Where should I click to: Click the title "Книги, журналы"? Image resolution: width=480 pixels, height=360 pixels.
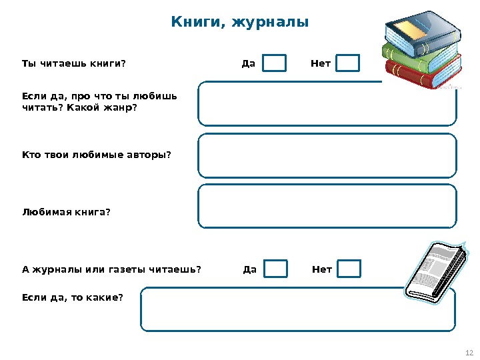point(240,23)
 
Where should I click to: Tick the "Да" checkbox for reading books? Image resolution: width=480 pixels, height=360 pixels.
point(274,63)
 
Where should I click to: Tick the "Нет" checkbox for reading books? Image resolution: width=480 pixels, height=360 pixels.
point(347,63)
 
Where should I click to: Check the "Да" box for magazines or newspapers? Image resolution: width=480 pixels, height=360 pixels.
point(275,269)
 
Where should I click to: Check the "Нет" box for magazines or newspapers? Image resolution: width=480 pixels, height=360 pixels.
point(349,269)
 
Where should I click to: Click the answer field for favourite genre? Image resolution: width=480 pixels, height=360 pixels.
point(327,104)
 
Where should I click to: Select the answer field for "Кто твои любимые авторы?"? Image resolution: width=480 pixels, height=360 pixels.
point(327,155)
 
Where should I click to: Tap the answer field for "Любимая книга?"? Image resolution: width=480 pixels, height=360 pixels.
point(327,207)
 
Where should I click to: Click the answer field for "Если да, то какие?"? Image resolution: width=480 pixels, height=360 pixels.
point(297,309)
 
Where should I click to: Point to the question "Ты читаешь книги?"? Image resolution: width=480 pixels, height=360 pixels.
point(73,64)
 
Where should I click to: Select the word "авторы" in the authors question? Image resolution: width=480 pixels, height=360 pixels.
point(145,155)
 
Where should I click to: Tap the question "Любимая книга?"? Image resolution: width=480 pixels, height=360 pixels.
point(66,212)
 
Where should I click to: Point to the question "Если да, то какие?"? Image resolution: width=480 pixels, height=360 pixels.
point(73,297)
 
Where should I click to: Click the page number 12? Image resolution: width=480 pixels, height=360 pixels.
point(468,353)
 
